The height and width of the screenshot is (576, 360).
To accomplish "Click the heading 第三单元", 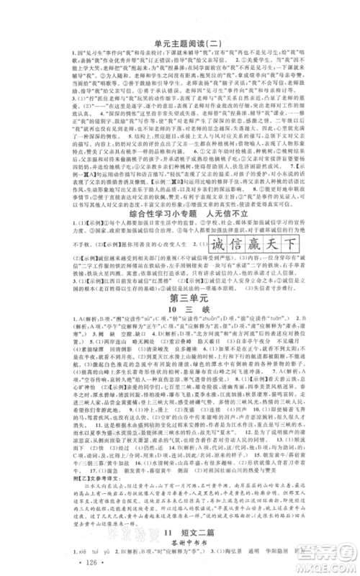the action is tap(179, 297).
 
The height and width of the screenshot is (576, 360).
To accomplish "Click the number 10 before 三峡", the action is tap(163, 311).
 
